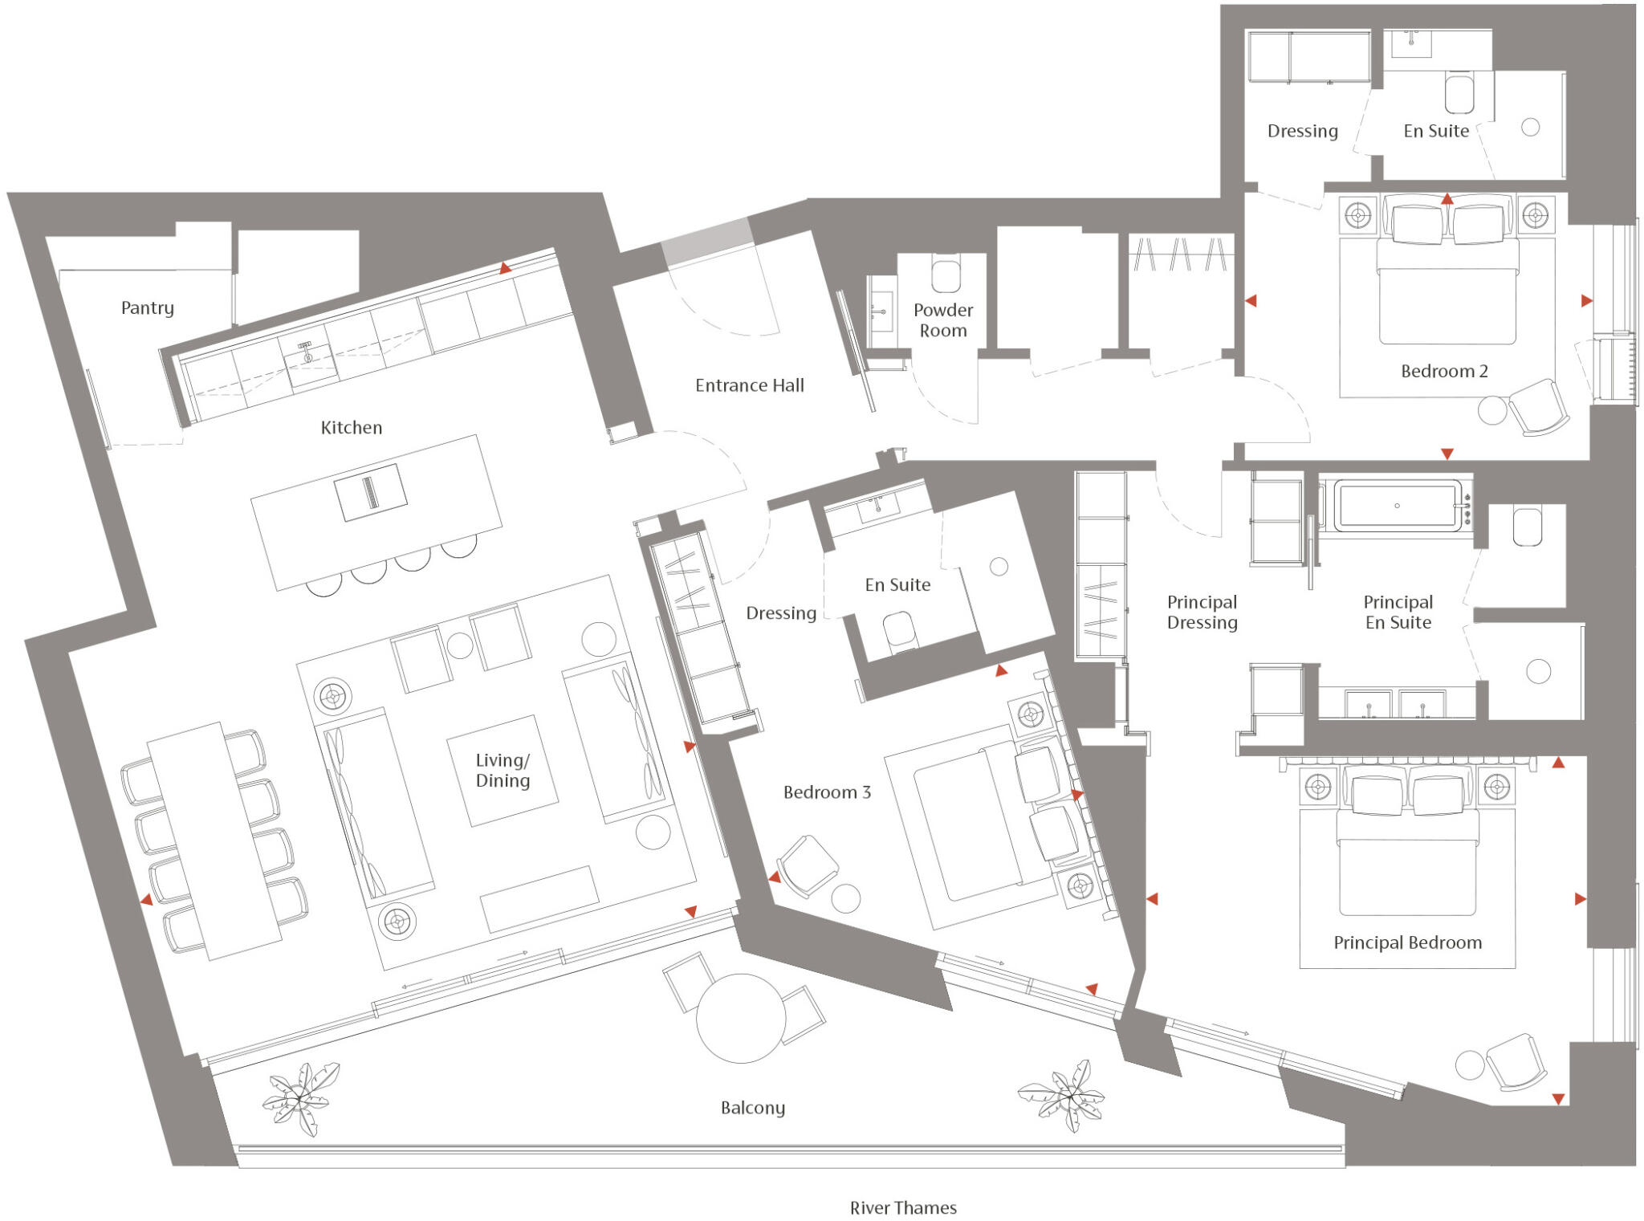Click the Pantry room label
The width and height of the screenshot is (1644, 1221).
[147, 308]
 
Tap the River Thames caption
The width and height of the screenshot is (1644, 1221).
[902, 1207]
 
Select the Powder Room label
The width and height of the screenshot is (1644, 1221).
[942, 319]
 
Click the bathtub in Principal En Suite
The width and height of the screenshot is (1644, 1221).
[1398, 506]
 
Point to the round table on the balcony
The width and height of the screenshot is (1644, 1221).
[740, 1018]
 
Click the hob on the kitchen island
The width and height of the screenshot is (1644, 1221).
[371, 492]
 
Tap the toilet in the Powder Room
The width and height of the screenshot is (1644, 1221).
[946, 274]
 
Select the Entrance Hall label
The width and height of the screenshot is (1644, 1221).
[749, 385]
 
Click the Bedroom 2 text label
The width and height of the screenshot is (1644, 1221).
[1443, 371]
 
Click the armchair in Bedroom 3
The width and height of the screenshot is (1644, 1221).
[807, 865]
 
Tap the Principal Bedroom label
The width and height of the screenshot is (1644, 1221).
[1407, 942]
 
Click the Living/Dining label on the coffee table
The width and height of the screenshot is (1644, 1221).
[503, 771]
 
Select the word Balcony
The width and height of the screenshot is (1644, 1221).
[752, 1108]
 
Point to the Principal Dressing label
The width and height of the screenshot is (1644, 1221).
[1202, 612]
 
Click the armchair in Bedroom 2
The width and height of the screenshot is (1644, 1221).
[1538, 408]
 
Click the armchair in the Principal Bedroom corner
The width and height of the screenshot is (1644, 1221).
[1516, 1061]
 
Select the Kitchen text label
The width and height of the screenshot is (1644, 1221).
[351, 428]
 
